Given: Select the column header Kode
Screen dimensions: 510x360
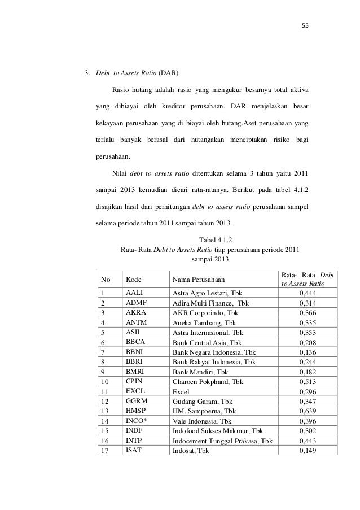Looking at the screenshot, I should point(133,279).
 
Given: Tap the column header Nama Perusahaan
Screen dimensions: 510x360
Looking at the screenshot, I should point(198,279).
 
